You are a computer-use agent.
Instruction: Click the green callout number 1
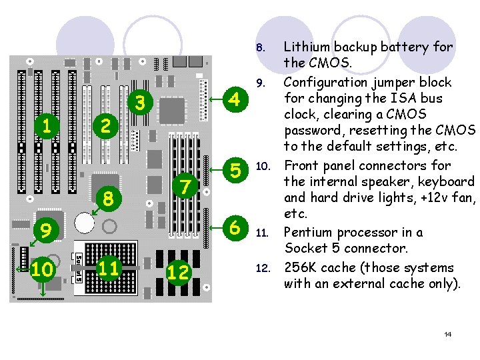(x=45, y=125)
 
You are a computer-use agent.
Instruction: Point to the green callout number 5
(x=234, y=171)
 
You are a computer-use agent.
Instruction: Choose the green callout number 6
(x=234, y=227)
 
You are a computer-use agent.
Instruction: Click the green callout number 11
(x=109, y=268)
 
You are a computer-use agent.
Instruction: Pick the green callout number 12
(x=179, y=272)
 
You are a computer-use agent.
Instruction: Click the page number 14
(x=448, y=334)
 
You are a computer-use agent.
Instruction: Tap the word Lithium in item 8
(x=307, y=47)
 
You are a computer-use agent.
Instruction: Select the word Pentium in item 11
(x=310, y=233)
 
